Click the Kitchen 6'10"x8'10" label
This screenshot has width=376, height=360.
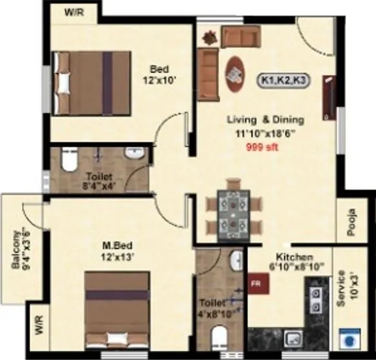pyautogui.click(x=294, y=261)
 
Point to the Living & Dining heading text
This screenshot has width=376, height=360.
pyautogui.click(x=265, y=120)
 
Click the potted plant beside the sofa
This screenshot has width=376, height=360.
pyautogui.click(x=207, y=36)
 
